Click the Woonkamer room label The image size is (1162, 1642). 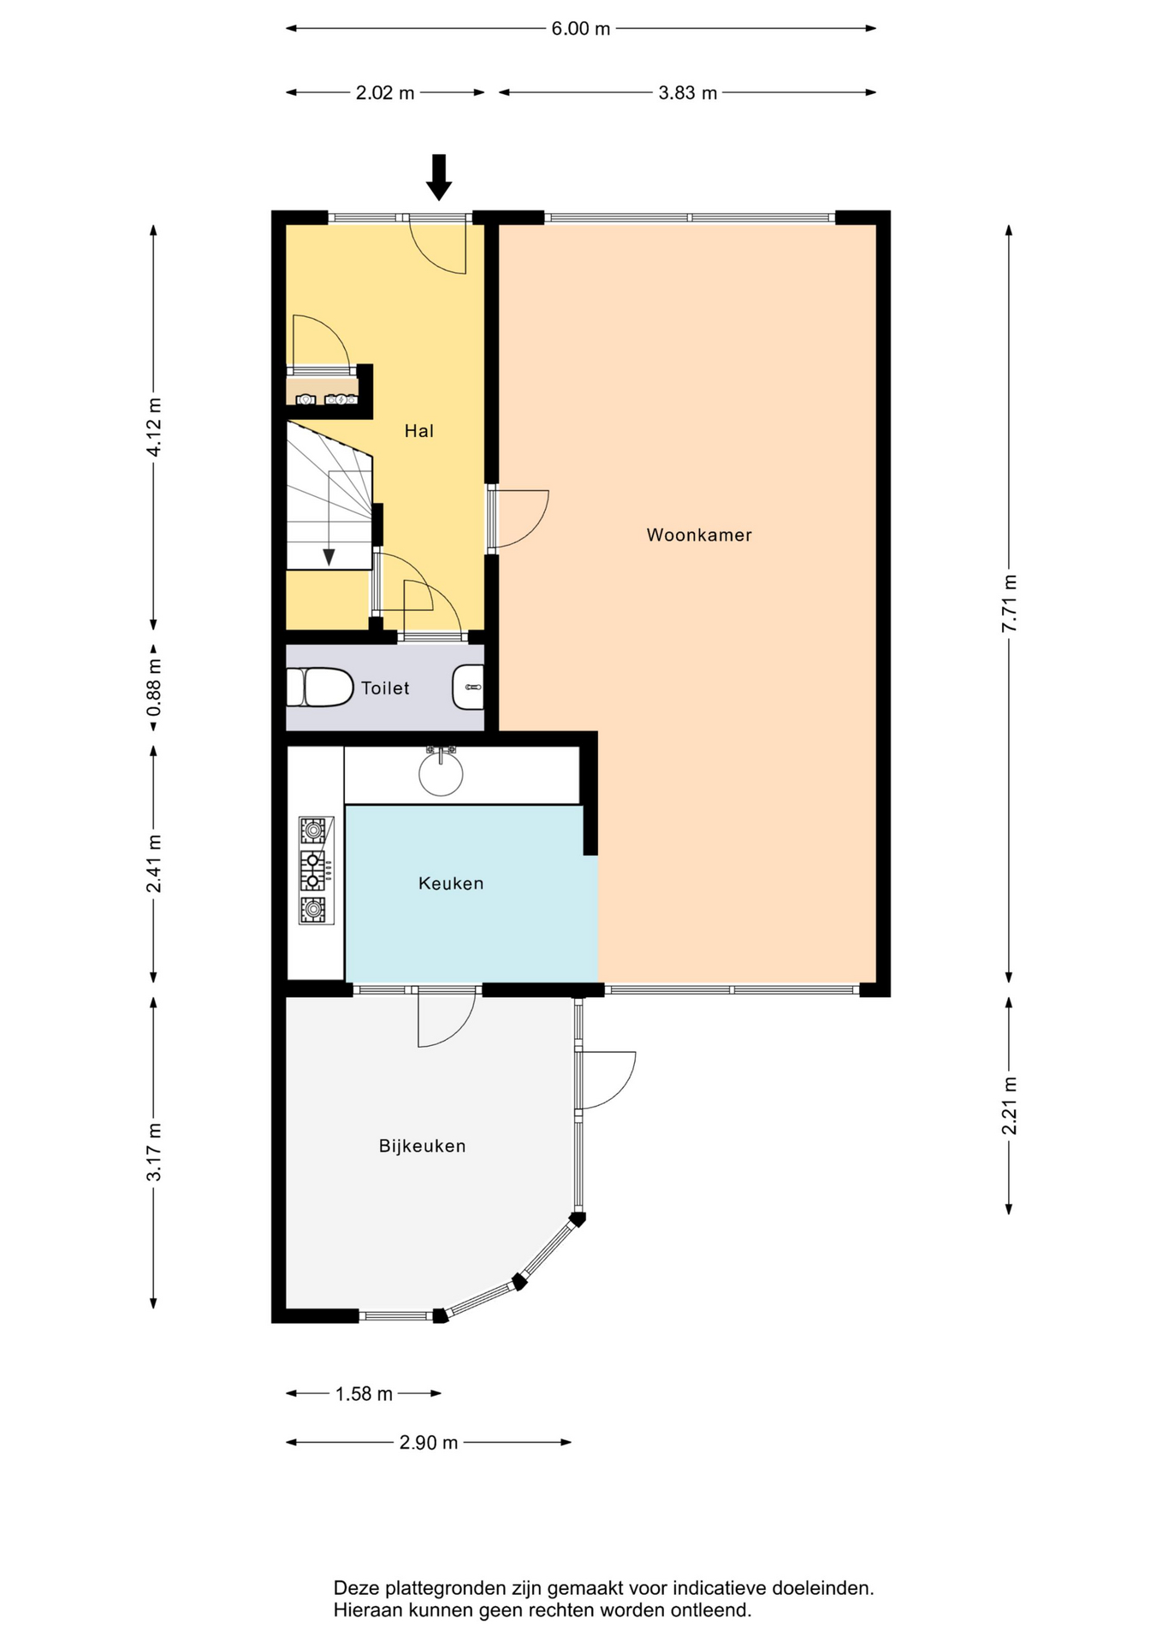point(699,535)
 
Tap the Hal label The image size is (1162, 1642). point(419,431)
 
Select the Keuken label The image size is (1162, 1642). point(451,883)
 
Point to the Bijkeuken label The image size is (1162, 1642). point(423,1146)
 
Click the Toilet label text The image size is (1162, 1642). point(385,688)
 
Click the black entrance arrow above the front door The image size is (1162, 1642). point(439,177)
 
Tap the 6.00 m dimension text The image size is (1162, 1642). point(581,29)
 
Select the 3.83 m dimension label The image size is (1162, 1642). point(688,93)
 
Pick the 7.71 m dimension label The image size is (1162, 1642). point(1010,603)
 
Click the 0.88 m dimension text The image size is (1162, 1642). point(154,688)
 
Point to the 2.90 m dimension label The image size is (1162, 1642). point(429,1443)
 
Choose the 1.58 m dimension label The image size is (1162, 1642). point(364,1394)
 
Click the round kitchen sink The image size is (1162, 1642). point(441,774)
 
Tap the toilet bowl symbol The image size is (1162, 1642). point(320,688)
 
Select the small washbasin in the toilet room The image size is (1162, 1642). point(468,688)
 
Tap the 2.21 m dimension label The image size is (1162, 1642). point(1010,1106)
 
